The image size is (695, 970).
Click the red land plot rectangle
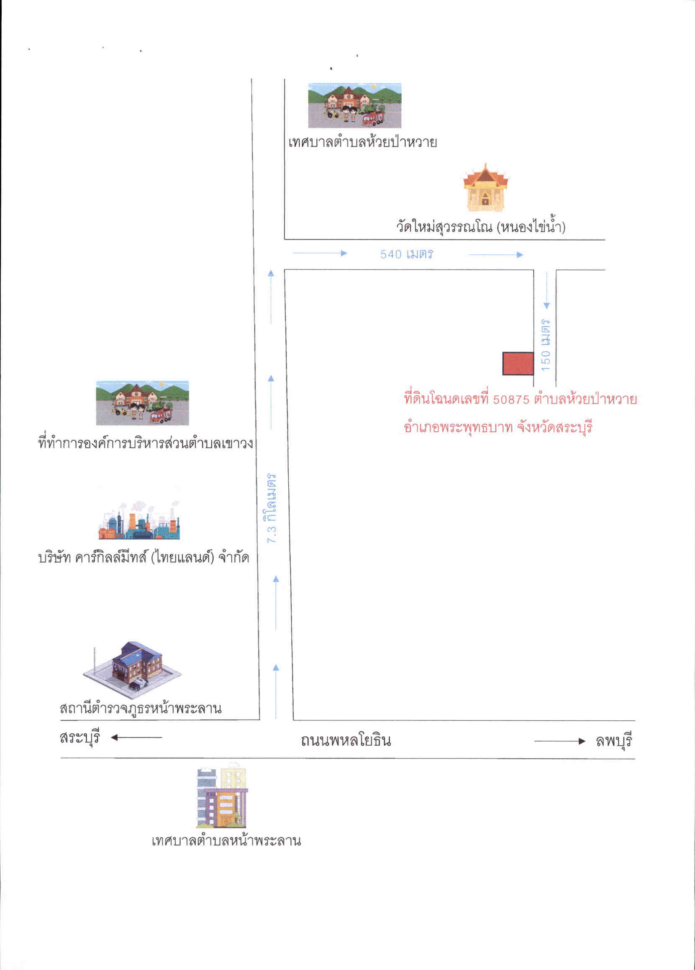pyautogui.click(x=518, y=363)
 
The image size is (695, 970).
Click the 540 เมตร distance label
pyautogui.click(x=407, y=254)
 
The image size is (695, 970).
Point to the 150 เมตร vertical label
pyautogui.click(x=546, y=344)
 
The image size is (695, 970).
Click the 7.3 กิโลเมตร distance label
pyautogui.click(x=271, y=508)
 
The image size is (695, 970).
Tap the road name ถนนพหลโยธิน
pyautogui.click(x=346, y=740)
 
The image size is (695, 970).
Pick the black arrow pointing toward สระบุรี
pyautogui.click(x=136, y=737)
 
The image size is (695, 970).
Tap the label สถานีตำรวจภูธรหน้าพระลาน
pyautogui.click(x=141, y=708)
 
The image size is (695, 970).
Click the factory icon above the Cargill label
pyautogui.click(x=139, y=520)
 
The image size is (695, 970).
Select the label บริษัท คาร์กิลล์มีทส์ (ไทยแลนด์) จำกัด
pyautogui.click(x=144, y=558)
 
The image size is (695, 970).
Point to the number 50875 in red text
pyautogui.click(x=511, y=400)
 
